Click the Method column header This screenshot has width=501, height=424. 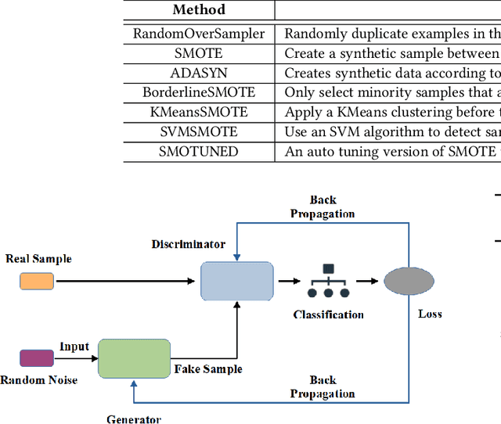click(x=198, y=10)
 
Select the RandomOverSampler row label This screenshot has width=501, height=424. click(x=198, y=34)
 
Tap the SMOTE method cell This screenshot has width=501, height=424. click(x=198, y=53)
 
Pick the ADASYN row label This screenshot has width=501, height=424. click(x=198, y=73)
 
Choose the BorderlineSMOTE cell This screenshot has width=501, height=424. click(x=198, y=92)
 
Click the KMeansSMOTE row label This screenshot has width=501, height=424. click(x=198, y=112)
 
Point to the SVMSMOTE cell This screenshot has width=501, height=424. click(x=198, y=131)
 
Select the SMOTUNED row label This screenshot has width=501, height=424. click(x=198, y=151)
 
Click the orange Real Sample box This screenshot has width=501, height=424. click(x=37, y=281)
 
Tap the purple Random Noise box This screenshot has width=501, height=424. click(x=37, y=358)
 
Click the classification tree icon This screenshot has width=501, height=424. click(x=328, y=281)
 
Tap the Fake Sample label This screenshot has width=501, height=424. click(x=207, y=369)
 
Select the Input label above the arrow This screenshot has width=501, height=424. click(x=74, y=347)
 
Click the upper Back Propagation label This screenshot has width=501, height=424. click(x=322, y=207)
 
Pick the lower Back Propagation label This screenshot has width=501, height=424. click(x=322, y=387)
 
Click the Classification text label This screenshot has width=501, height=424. click(x=328, y=314)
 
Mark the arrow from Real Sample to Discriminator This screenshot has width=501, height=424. click(x=125, y=281)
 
